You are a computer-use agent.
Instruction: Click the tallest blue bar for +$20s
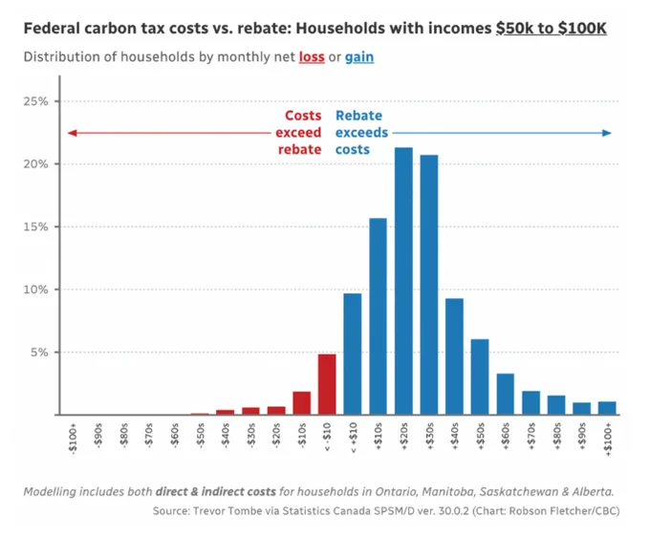click(x=403, y=281)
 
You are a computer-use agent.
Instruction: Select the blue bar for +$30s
click(x=429, y=285)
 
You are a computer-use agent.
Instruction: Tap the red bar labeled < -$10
click(x=327, y=384)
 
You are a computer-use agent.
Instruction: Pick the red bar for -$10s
click(x=302, y=403)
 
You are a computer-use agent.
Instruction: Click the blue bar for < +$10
click(x=353, y=354)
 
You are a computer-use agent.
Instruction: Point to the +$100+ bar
click(x=607, y=408)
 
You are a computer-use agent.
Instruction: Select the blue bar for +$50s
click(x=480, y=376)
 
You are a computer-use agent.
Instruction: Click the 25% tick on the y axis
click(x=56, y=101)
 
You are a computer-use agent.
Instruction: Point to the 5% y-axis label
click(x=39, y=353)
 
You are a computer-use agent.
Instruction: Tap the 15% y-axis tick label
click(x=35, y=226)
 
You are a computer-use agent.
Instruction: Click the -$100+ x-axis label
click(x=73, y=439)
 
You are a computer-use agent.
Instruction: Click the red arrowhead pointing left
click(x=72, y=133)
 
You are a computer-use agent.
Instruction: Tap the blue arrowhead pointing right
click(x=607, y=133)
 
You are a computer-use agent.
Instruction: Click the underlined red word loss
click(x=312, y=56)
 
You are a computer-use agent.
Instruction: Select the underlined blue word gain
click(x=359, y=57)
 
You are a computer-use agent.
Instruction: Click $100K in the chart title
click(x=582, y=28)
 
